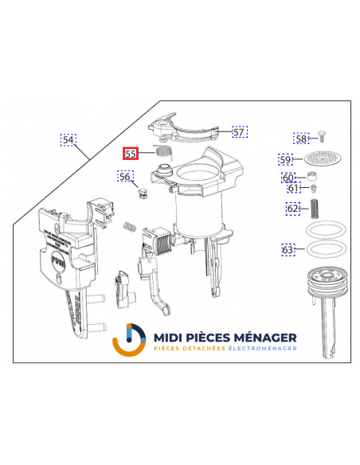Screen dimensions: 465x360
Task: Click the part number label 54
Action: [68, 140]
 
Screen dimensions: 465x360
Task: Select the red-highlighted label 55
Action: [131, 154]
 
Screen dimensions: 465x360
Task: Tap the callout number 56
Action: [125, 176]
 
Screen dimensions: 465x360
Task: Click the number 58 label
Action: [301, 139]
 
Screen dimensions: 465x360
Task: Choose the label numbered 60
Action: [288, 178]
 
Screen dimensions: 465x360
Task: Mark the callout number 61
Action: [293, 190]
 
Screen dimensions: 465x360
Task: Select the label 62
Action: [294, 209]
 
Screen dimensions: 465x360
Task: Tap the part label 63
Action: [288, 250]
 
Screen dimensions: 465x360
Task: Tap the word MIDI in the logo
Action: [170, 337]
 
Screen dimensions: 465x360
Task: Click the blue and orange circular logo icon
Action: [129, 342]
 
